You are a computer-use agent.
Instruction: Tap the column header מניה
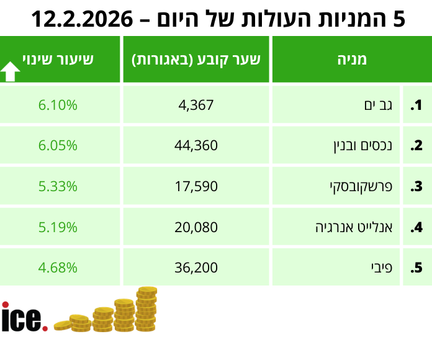351,60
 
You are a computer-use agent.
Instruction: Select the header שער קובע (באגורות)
196,60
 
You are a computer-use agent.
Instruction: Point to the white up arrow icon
11,72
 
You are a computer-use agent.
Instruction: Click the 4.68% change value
58,268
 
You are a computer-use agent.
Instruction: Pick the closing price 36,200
196,268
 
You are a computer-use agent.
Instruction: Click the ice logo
24,318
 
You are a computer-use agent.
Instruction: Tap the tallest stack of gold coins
146,309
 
